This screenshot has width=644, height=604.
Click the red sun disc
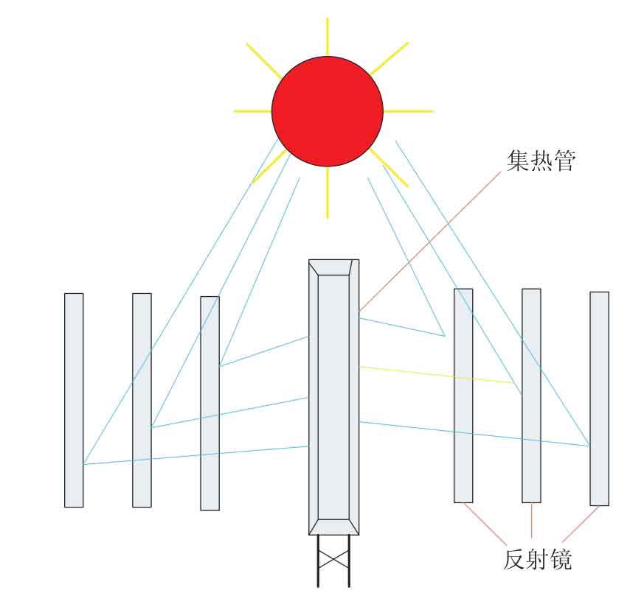[x=328, y=111]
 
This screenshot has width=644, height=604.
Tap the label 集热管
[x=541, y=161]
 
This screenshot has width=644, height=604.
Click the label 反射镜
[x=537, y=558]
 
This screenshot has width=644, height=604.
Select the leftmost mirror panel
[x=74, y=400]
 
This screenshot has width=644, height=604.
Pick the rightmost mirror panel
[x=599, y=398]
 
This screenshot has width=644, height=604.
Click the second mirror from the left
[x=142, y=400]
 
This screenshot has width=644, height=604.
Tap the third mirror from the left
[x=210, y=403]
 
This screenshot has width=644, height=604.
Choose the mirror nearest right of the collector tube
[x=463, y=396]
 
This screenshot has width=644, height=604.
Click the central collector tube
[x=334, y=397]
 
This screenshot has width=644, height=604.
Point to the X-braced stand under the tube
[x=333, y=561]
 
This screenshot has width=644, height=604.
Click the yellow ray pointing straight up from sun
[x=328, y=37]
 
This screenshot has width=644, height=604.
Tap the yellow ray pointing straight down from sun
[x=328, y=192]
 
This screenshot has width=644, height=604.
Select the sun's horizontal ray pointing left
[x=252, y=111]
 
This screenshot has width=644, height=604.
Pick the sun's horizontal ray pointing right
[x=408, y=111]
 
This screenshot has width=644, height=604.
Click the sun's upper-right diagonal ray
[x=389, y=59]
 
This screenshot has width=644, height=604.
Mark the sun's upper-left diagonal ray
[x=264, y=60]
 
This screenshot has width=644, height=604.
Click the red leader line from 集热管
[x=430, y=242]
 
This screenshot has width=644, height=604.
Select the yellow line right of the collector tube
[x=436, y=375]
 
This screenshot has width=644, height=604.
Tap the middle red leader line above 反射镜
[x=531, y=521]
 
